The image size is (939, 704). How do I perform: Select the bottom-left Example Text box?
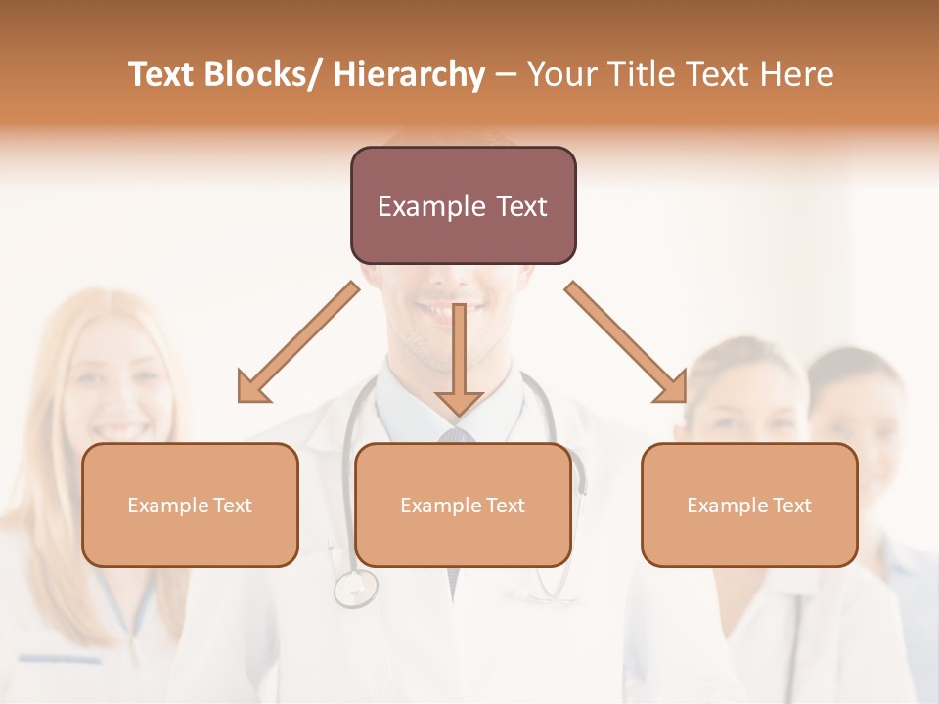(x=190, y=505)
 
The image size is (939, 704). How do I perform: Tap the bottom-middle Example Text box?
(x=463, y=505)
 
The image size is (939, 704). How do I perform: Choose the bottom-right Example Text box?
(x=749, y=505)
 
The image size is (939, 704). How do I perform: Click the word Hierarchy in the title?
(x=409, y=74)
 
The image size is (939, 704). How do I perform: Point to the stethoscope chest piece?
(x=355, y=589)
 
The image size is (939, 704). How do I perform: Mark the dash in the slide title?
(x=506, y=74)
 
